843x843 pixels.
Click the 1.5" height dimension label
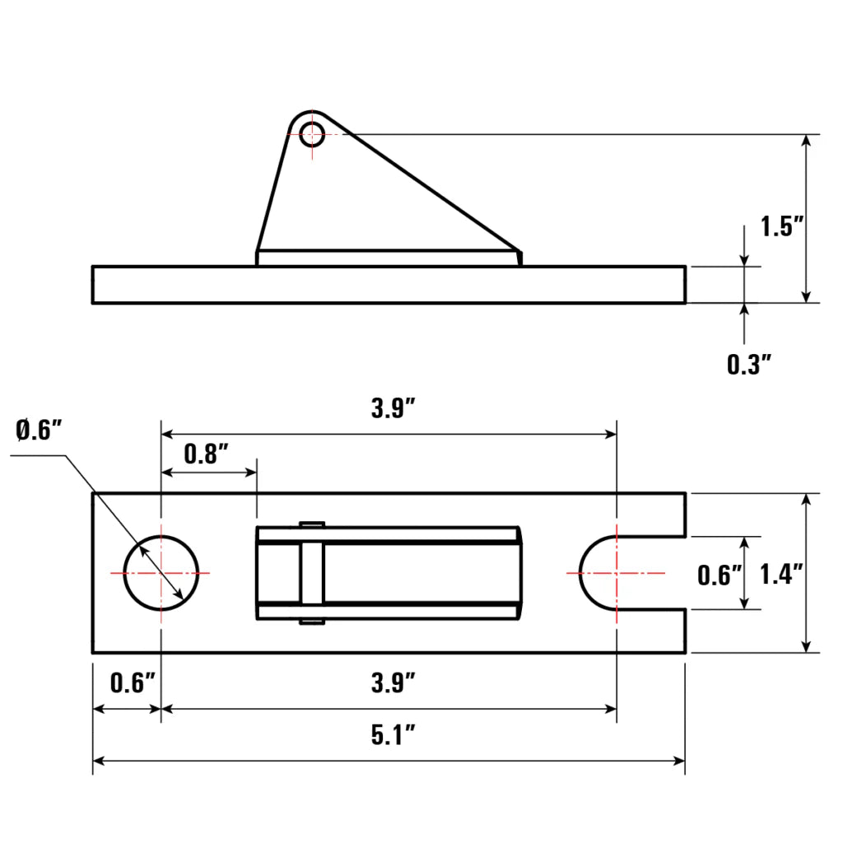pyautogui.click(x=781, y=226)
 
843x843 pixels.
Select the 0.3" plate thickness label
pyautogui.click(x=748, y=363)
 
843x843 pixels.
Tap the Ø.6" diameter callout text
pyautogui.click(x=39, y=429)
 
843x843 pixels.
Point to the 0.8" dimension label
pyautogui.click(x=205, y=454)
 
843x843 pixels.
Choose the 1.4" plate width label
pyautogui.click(x=781, y=574)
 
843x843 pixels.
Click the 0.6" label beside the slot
pyautogui.click(x=720, y=574)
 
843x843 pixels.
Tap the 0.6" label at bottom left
pyautogui.click(x=132, y=682)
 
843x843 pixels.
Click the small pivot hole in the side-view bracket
pyautogui.click(x=312, y=134)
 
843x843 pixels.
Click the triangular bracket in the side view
pyautogui.click(x=362, y=206)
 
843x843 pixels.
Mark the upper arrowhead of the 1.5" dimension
pyautogui.click(x=807, y=142)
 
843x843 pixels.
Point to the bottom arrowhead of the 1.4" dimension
pyautogui.click(x=807, y=645)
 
